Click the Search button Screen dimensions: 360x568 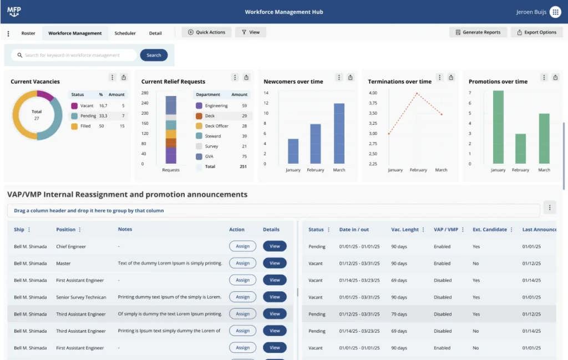tap(154, 55)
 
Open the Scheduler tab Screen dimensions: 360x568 tap(125, 33)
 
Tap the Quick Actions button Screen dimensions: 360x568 tap(206, 32)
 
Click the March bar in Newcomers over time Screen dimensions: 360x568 tap(339, 133)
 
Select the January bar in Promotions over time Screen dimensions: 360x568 tap(498, 127)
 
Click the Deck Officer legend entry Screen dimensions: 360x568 tap(216, 126)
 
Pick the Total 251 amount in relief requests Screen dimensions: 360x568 tap(242, 166)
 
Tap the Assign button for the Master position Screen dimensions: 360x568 tap(242, 263)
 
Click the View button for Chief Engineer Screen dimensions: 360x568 tap(275, 246)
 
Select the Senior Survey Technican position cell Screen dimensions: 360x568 tap(81, 297)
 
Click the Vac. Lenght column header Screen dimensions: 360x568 tap(405, 230)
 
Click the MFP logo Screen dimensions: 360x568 tap(14, 12)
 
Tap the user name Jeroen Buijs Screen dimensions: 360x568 tap(531, 12)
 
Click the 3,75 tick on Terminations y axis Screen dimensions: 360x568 tap(373, 103)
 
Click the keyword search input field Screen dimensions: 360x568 tap(75, 55)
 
